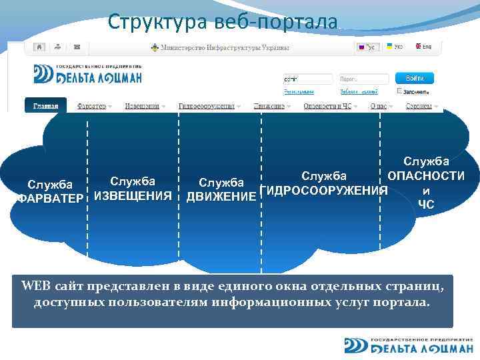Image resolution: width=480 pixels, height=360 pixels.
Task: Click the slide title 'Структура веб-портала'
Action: point(223,21)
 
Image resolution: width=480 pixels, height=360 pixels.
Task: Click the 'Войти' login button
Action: point(414,78)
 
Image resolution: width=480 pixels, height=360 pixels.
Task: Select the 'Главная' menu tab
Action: point(46,106)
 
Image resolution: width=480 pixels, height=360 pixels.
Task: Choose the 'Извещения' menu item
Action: point(145,106)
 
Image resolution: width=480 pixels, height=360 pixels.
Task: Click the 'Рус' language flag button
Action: point(367,48)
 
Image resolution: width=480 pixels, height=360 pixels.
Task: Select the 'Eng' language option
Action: point(423,47)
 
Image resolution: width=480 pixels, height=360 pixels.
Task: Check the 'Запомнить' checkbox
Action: point(399,91)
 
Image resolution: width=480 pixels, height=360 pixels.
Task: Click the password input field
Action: point(359,78)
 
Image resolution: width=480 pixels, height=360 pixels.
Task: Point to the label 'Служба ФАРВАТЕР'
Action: point(49,191)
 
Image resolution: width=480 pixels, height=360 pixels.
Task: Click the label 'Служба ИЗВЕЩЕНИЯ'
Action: point(133,188)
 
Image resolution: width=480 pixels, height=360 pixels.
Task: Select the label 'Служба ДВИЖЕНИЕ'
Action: point(221,189)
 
